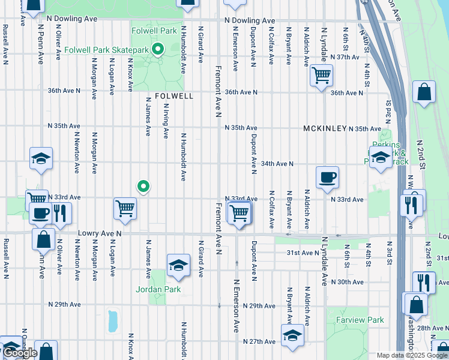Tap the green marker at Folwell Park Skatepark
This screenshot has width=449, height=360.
click(x=158, y=50)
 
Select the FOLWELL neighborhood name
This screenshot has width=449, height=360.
click(x=174, y=96)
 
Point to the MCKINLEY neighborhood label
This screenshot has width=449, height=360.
click(x=325, y=128)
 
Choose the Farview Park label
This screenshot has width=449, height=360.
click(x=360, y=320)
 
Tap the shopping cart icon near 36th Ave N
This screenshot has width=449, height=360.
click(x=321, y=75)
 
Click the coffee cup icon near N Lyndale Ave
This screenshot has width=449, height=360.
click(x=327, y=177)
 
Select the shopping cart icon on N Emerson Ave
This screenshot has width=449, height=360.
click(x=240, y=212)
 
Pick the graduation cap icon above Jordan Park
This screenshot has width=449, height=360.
click(x=178, y=265)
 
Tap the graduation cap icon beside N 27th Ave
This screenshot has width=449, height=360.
click(x=292, y=335)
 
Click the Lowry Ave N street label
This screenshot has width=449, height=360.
click(x=100, y=232)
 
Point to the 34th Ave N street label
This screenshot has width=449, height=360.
click(x=277, y=163)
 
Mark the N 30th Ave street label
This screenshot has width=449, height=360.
click(x=347, y=282)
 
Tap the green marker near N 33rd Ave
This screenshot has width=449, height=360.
click(x=143, y=187)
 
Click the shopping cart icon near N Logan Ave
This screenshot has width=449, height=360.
click(x=125, y=208)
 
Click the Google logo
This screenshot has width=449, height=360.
click(x=20, y=353)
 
